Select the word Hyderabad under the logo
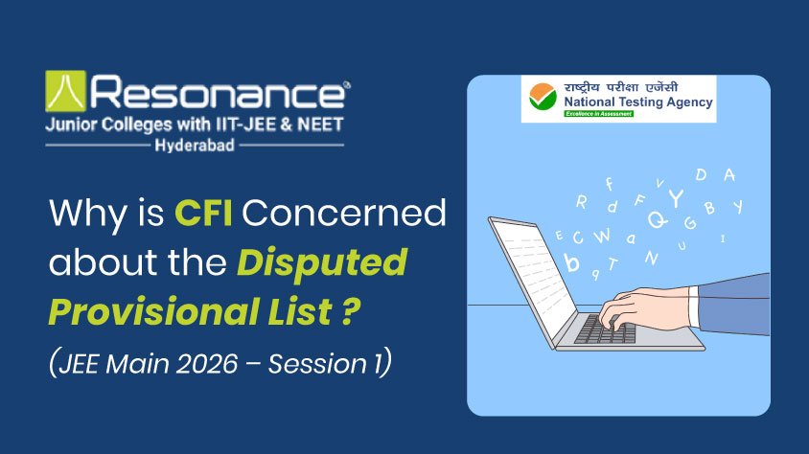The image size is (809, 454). point(195,146)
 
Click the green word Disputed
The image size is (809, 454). point(322,261)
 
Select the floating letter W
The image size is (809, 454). point(601,234)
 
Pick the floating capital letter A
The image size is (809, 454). point(728,174)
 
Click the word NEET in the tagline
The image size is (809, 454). point(318,125)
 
